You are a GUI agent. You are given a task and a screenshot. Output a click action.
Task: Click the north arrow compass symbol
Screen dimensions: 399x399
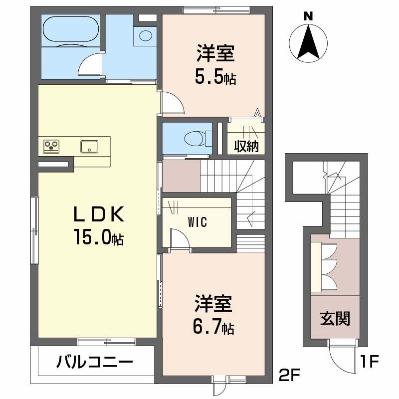pos(308,42)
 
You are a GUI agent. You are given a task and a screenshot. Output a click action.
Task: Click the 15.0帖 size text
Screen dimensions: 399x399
pos(99,238)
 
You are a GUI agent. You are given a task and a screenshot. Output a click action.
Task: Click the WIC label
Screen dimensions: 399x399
pos(198,221)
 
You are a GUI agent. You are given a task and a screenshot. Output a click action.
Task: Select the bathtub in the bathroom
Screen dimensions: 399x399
pos(70,32)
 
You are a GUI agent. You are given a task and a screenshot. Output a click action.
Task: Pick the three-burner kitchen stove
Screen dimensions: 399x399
pos(51,146)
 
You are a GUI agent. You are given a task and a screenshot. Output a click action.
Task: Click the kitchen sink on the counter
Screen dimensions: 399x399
pos(89,146)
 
